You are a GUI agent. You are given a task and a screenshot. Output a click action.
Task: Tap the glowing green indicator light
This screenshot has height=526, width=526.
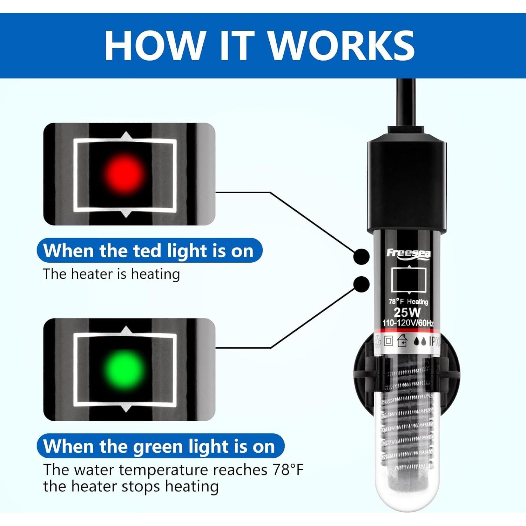coord(124,369)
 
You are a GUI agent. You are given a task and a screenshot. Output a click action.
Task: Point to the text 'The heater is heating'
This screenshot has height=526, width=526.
coord(112,274)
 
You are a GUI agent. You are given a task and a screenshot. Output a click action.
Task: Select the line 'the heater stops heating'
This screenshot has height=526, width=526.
coord(131,487)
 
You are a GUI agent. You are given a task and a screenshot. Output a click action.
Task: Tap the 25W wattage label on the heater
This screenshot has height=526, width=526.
coord(407,312)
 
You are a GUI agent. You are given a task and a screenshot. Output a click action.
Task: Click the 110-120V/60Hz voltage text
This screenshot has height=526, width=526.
coord(408,323)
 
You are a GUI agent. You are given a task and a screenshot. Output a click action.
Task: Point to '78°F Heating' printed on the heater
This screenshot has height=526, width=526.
coord(408,302)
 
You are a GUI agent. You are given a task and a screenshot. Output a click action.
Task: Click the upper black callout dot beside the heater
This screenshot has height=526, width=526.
coord(361,257)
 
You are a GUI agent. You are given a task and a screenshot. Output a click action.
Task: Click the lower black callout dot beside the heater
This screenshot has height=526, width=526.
coord(362,284)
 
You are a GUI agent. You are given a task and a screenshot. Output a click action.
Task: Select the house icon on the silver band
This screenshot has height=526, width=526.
coord(402,341)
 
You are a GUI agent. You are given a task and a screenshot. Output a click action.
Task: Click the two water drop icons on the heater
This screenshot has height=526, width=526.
coord(420,341)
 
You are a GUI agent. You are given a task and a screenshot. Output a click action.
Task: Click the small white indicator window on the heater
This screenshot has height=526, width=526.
coord(409,280)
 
